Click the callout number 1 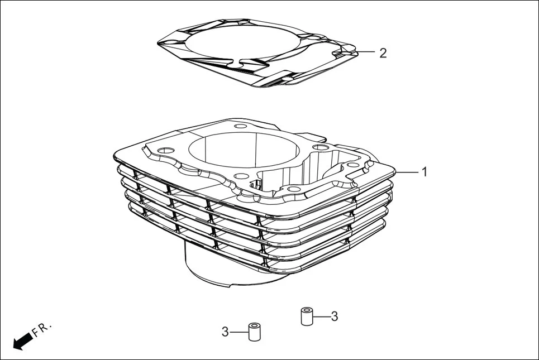coord(424,172)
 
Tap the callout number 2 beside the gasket coord(383,53)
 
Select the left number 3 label coord(225,332)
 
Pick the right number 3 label coord(334,316)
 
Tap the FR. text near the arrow coord(42,329)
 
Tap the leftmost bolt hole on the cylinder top coord(166,150)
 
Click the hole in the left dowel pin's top coord(255,325)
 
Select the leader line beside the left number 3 coord(239,332)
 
